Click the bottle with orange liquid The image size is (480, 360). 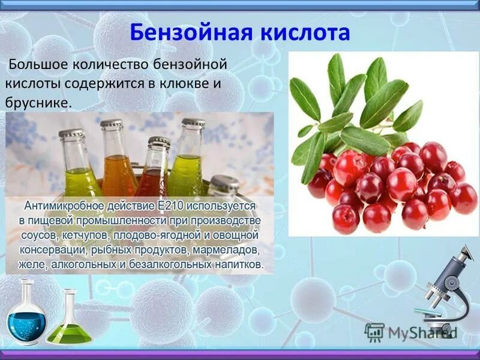click(x=118, y=162)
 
